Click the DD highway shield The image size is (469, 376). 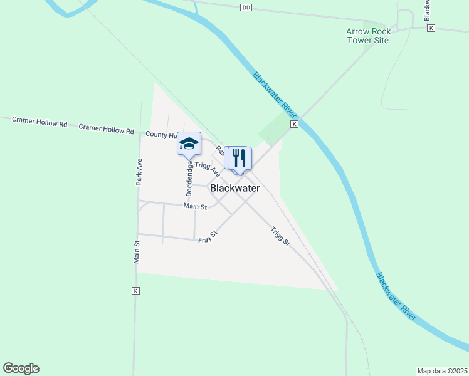245,7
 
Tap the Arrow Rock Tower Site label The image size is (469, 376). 368,36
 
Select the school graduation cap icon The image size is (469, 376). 189,144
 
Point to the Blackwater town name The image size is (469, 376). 235,188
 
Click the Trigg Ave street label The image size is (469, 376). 207,168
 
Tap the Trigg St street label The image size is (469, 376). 280,236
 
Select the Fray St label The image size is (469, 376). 208,237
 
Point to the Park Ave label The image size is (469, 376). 140,172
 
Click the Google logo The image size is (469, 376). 21,368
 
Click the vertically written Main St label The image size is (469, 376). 136,252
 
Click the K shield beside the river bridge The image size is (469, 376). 294,125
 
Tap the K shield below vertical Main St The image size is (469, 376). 135,291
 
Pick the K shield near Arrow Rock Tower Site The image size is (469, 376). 430,28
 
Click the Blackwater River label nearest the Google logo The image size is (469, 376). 396,296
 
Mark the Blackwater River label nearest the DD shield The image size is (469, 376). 275,93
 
